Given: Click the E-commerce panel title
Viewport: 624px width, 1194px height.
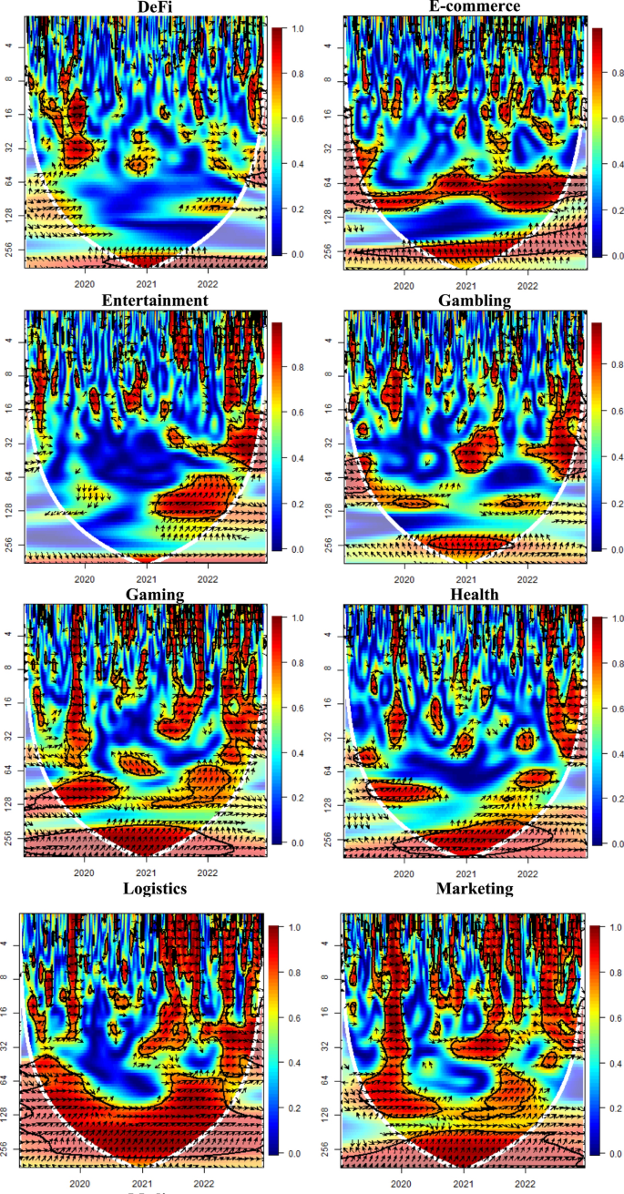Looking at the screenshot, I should click(x=464, y=5).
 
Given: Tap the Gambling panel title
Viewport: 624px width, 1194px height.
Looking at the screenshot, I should click(x=465, y=300).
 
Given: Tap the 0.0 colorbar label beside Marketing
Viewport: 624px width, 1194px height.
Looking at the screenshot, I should click(x=616, y=1153).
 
